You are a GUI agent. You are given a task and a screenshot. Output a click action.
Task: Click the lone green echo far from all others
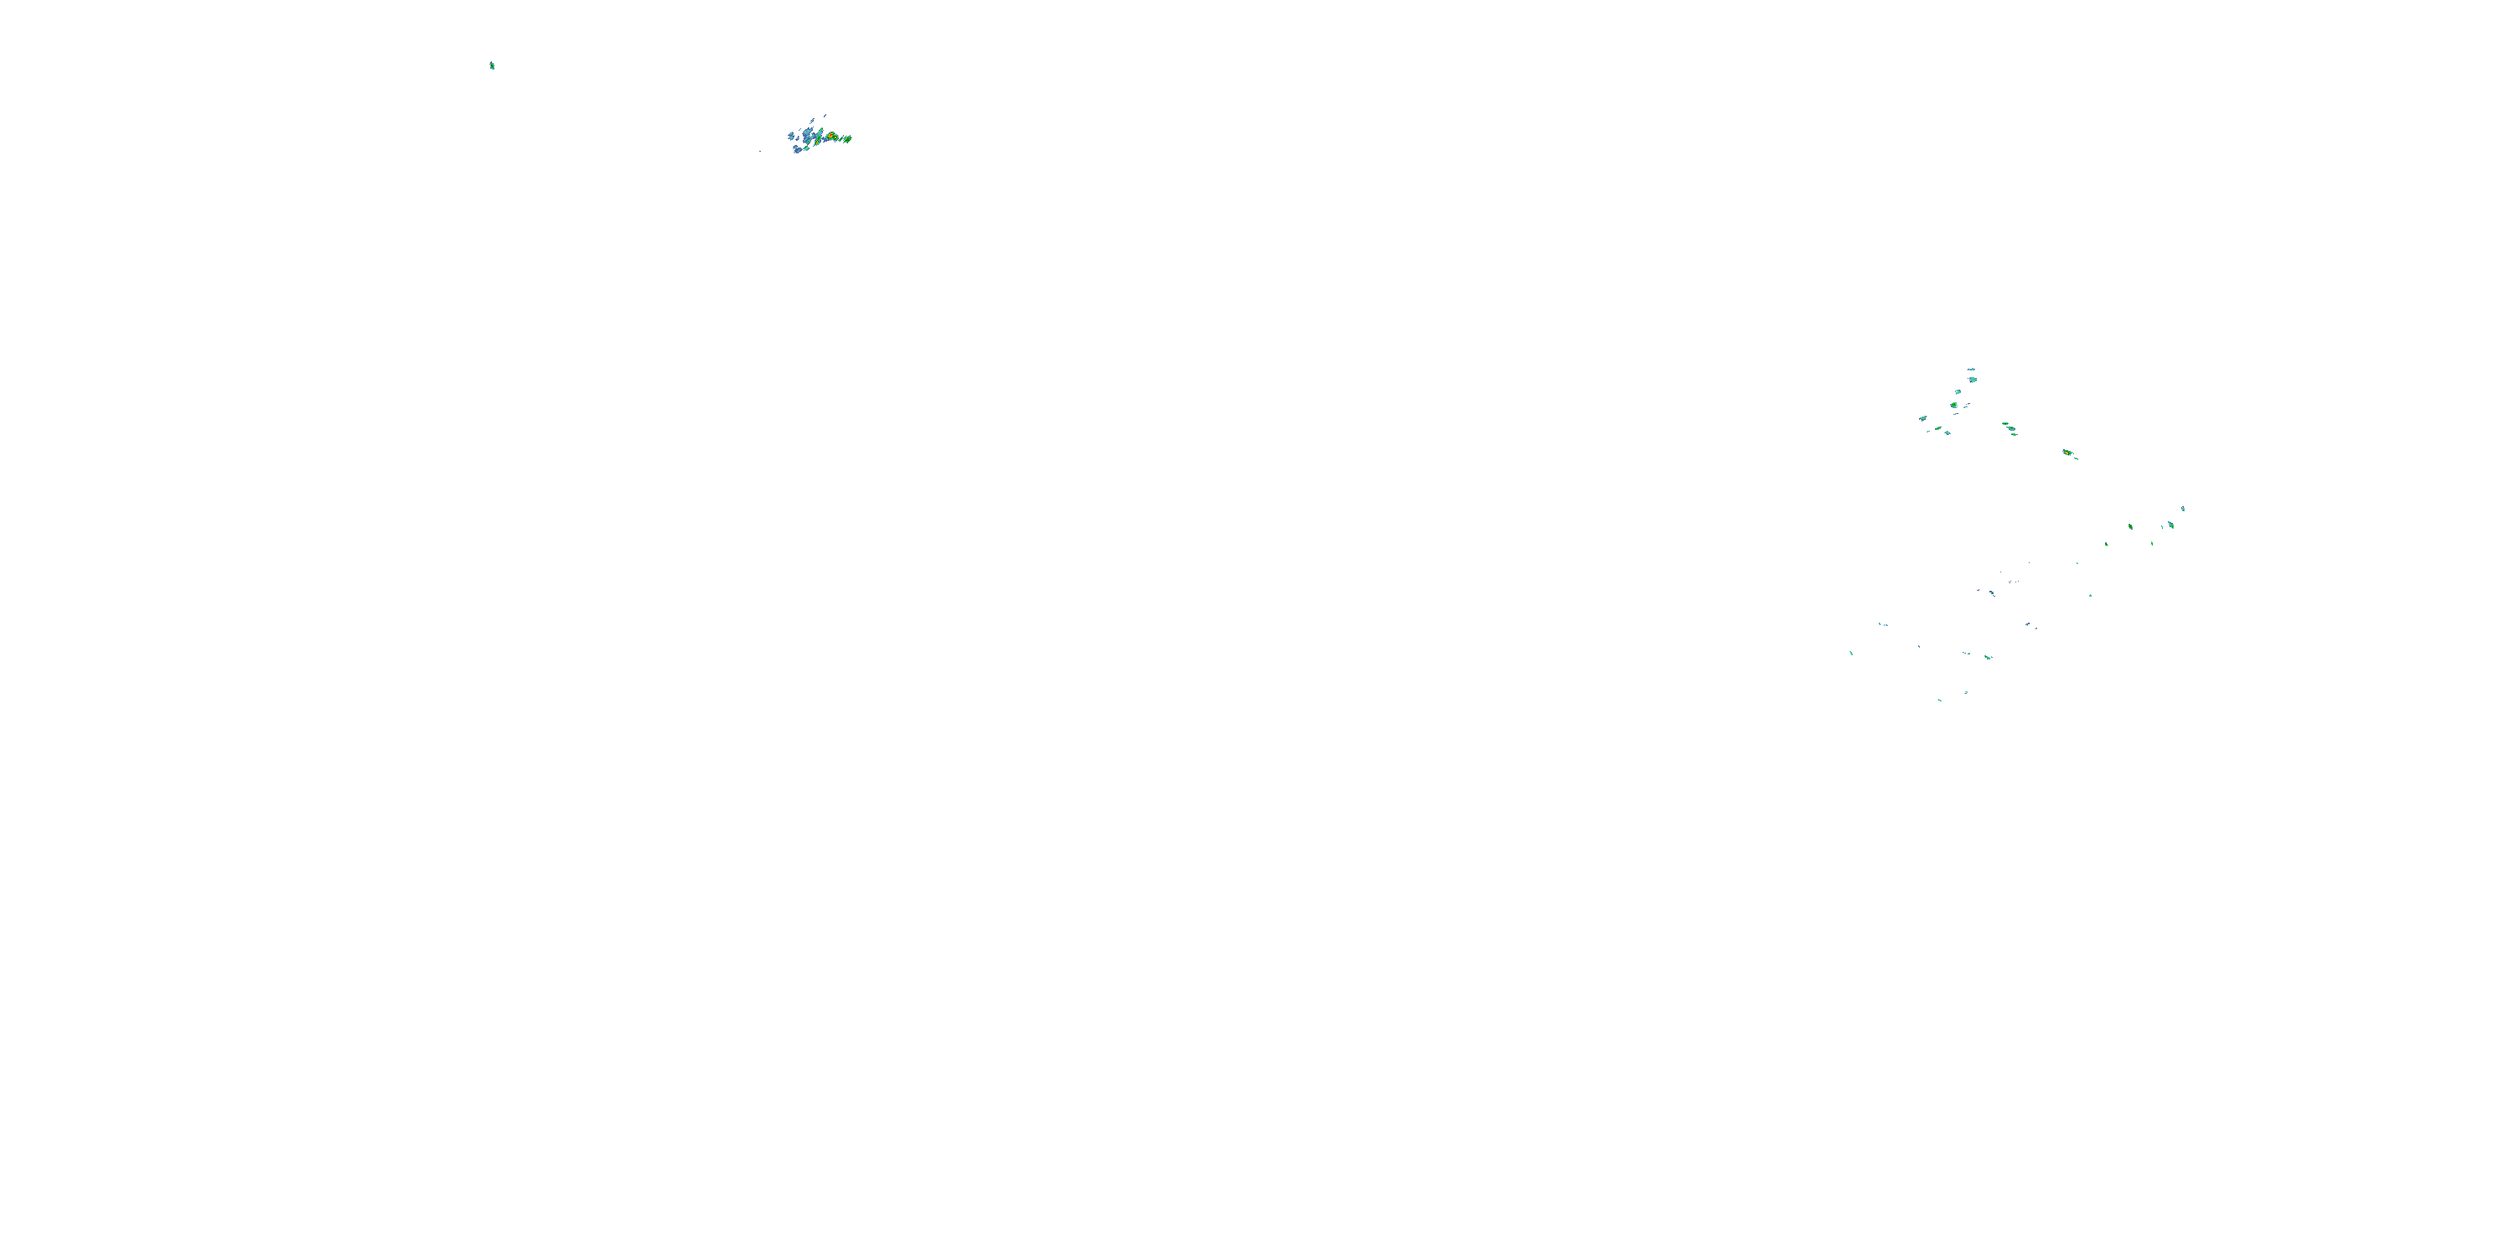492,65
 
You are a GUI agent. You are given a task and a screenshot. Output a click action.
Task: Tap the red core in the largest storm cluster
831,136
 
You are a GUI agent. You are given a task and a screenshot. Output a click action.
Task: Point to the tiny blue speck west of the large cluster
760,152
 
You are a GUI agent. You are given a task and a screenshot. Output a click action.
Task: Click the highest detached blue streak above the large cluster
825,116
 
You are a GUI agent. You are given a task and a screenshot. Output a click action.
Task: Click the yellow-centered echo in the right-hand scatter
2067,453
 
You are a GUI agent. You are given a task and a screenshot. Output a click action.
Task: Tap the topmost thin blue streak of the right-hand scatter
1971,370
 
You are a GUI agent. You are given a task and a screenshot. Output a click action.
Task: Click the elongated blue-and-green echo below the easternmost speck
2171,525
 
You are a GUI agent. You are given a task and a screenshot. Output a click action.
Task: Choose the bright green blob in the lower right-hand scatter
1988,658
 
